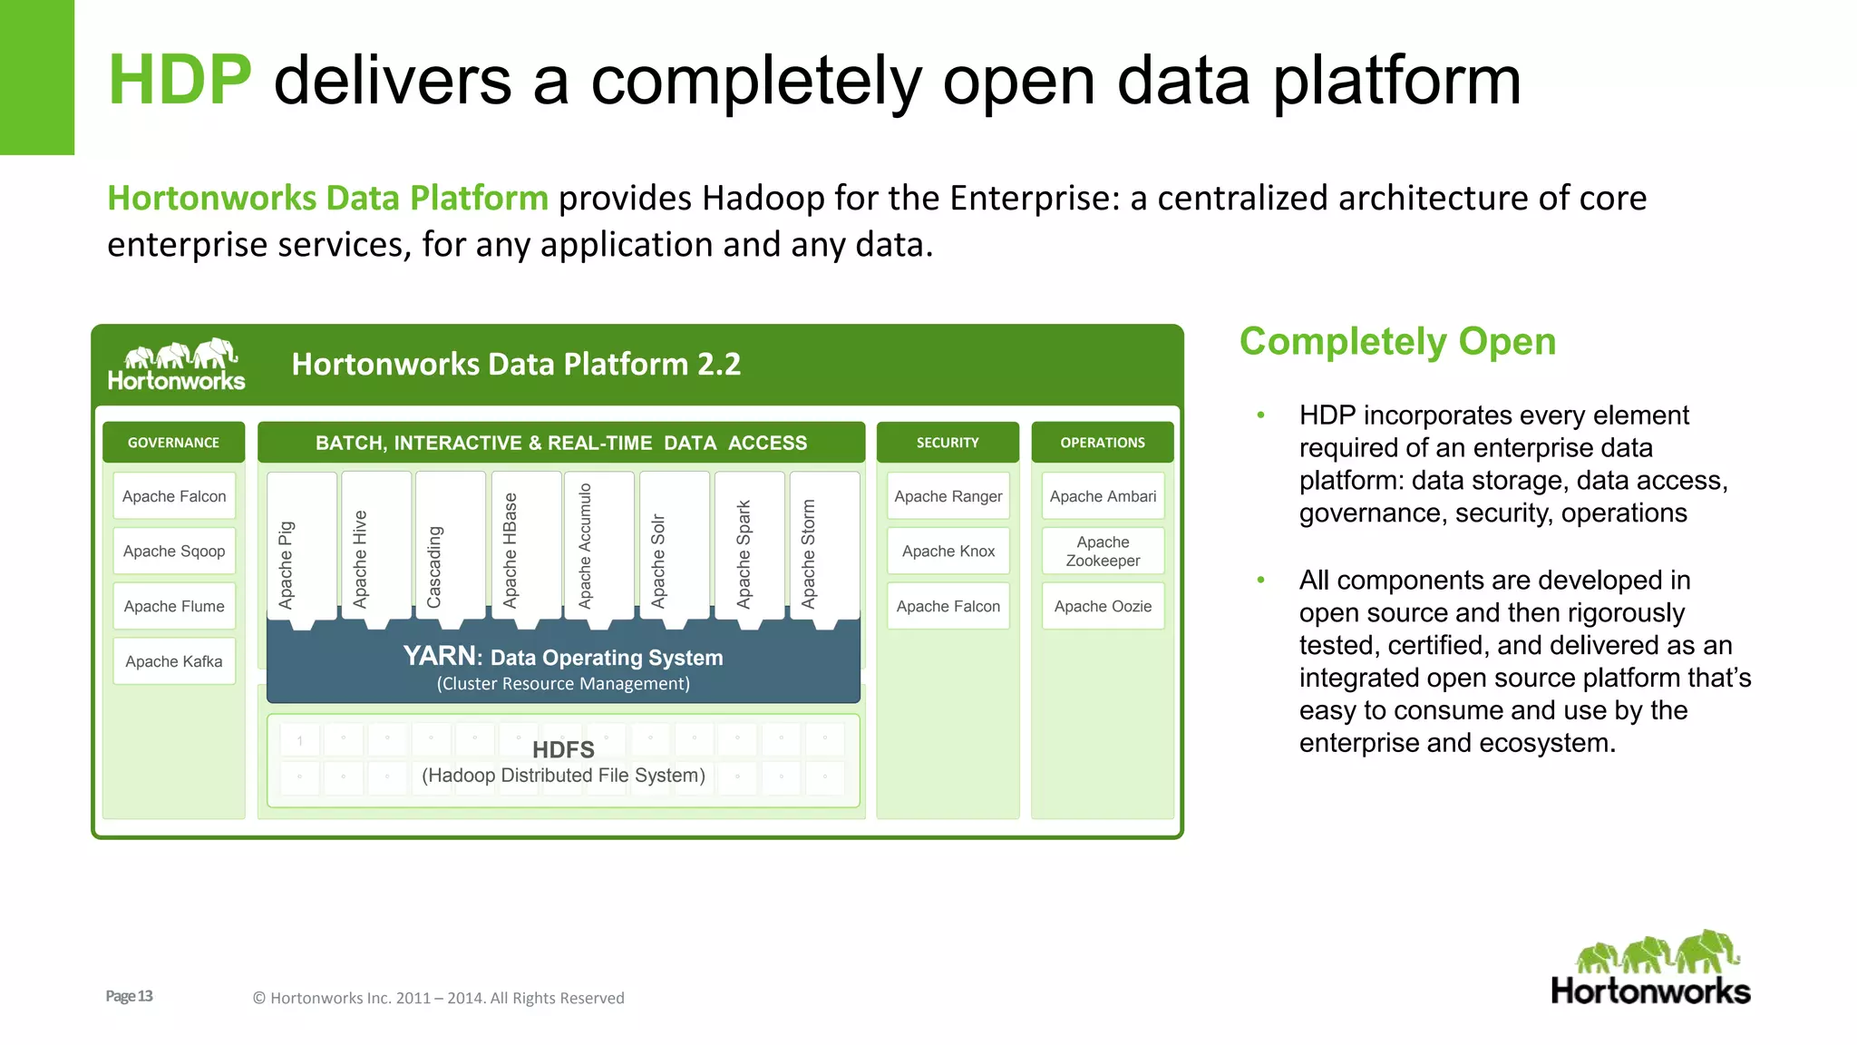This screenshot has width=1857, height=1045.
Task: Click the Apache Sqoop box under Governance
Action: (x=174, y=552)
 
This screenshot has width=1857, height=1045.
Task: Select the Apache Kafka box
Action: (x=174, y=661)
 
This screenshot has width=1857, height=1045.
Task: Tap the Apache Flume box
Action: (x=174, y=606)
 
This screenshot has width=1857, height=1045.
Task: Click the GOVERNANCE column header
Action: (x=173, y=443)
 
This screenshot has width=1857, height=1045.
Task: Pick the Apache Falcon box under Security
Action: (x=948, y=606)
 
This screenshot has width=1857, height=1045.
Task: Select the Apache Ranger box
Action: (x=948, y=496)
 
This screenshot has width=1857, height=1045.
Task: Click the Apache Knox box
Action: (x=948, y=552)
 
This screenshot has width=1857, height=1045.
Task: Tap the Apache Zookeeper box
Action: (x=1103, y=552)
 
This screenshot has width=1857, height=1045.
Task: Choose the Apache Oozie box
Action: (x=1103, y=606)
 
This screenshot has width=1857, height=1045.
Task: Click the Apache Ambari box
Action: (x=1103, y=496)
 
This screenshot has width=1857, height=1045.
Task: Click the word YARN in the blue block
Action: (x=440, y=656)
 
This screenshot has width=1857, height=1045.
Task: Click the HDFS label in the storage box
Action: (x=563, y=750)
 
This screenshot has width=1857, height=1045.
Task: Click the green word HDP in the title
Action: (x=180, y=80)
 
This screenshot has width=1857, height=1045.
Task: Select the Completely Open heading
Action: (x=1397, y=342)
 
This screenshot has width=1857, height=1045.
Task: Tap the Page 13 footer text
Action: (x=129, y=996)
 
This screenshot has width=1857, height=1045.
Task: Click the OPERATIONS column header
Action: (x=1103, y=443)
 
